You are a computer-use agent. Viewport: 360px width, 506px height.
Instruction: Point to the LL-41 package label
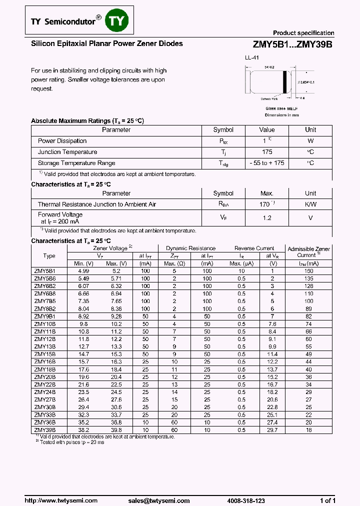pyautogui.click(x=252, y=58)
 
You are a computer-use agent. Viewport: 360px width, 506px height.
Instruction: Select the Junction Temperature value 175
pyautogui.click(x=267, y=152)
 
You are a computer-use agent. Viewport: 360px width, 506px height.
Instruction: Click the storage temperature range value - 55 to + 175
pyautogui.click(x=267, y=163)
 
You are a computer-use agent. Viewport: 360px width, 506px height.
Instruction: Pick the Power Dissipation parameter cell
pyautogui.click(x=62, y=141)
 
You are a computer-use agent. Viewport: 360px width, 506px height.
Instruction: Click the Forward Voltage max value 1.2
pyautogui.click(x=267, y=218)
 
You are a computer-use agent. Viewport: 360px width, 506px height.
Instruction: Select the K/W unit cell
pyautogui.click(x=310, y=204)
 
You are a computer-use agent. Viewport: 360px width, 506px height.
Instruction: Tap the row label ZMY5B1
pyautogui.click(x=45, y=271)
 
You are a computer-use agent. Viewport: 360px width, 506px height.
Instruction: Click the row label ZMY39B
pyautogui.click(x=45, y=429)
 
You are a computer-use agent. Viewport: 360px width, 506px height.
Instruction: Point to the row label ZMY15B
pyautogui.click(x=45, y=354)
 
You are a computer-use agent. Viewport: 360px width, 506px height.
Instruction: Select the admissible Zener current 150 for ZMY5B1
pyautogui.click(x=308, y=271)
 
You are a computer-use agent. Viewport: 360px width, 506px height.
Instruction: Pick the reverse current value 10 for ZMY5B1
pyautogui.click(x=241, y=271)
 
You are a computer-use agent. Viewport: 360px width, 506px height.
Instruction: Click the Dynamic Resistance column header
pyautogui.click(x=190, y=248)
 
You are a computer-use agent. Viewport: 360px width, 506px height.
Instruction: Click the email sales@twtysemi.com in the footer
pyautogui.click(x=158, y=500)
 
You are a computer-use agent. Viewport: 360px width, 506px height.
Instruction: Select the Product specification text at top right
pyautogui.click(x=303, y=33)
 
